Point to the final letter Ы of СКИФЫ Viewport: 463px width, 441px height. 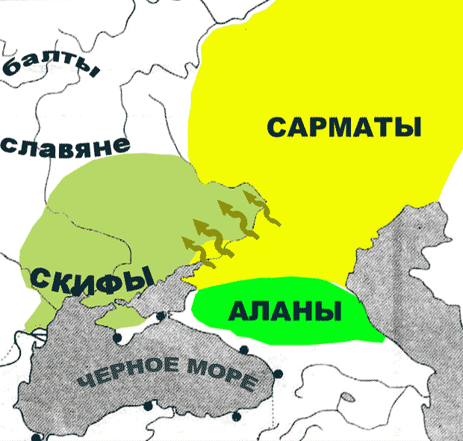[131, 280]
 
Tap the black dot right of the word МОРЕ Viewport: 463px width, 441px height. [279, 374]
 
